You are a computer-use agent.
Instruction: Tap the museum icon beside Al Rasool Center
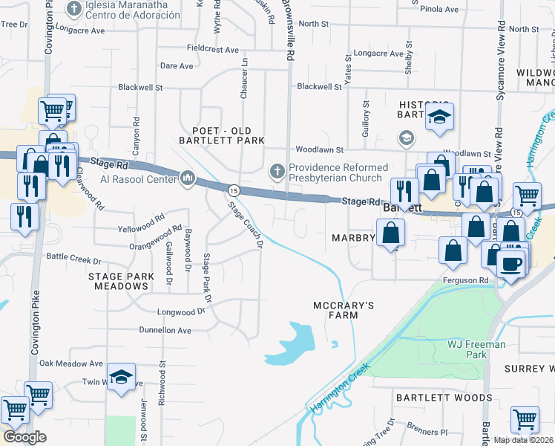[x=187, y=178]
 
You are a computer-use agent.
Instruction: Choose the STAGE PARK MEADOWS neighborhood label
[x=121, y=282]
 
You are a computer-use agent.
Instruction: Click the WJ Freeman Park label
[x=476, y=349]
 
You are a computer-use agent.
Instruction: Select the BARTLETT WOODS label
[x=443, y=398]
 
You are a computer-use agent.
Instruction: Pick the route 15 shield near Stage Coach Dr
[x=233, y=190]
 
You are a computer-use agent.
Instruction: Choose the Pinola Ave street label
[x=439, y=9]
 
